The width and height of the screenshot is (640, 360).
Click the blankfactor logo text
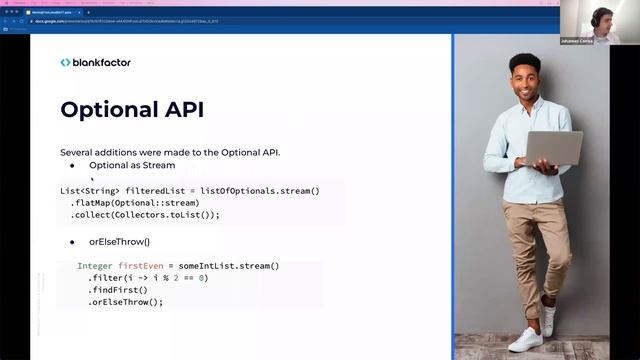(x=101, y=62)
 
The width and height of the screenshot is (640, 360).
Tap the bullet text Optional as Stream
(x=131, y=165)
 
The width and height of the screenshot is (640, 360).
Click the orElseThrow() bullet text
(x=119, y=242)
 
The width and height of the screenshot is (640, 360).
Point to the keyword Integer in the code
(x=95, y=266)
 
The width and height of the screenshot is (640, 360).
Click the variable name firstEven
(x=140, y=266)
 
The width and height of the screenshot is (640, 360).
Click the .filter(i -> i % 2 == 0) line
(x=146, y=278)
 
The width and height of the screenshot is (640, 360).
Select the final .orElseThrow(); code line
(x=125, y=302)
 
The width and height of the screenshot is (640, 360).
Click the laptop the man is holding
(x=551, y=149)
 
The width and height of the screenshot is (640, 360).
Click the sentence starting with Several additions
(x=170, y=152)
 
